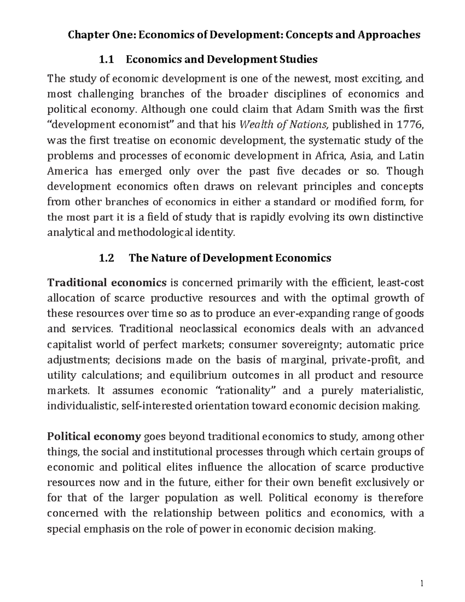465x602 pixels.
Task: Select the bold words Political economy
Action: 94,436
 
